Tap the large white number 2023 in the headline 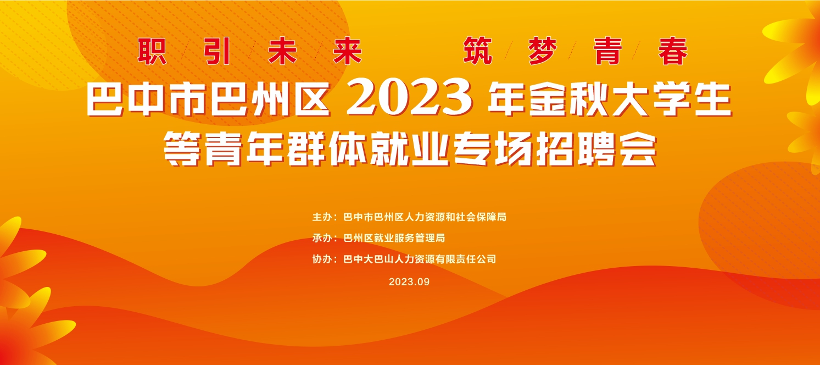point(409,98)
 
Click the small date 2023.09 point(409,281)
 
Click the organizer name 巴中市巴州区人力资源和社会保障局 point(425,217)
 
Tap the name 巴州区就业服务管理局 point(394,238)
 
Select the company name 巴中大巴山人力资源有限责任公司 point(420,259)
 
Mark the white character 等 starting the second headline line point(182,148)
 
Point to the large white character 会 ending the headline point(638,148)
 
